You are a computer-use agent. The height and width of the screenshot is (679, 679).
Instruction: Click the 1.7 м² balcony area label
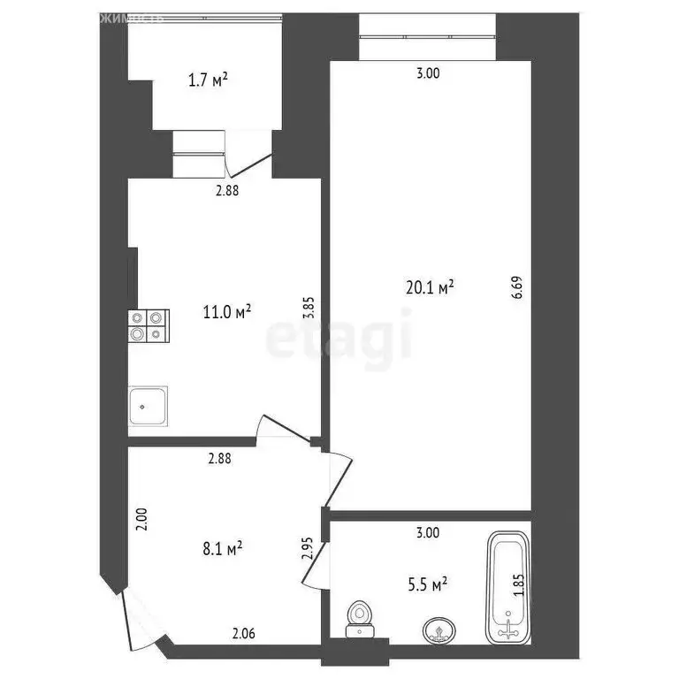coord(209,80)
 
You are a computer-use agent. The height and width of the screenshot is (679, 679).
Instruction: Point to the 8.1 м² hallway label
coord(222,549)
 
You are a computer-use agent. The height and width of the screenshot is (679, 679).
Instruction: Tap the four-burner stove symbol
coord(149,324)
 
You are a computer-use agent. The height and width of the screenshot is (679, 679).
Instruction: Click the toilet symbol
coord(359,617)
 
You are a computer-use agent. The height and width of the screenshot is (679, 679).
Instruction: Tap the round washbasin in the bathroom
coord(436,629)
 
